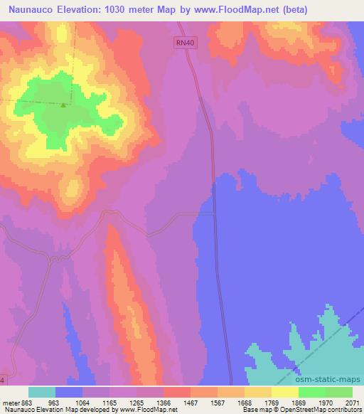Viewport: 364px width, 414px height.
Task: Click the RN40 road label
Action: (x=184, y=44)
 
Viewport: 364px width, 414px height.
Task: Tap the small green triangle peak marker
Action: (x=63, y=106)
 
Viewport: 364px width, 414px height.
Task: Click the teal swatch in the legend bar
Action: (x=42, y=392)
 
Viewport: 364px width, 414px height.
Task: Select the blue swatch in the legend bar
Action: (x=69, y=392)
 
